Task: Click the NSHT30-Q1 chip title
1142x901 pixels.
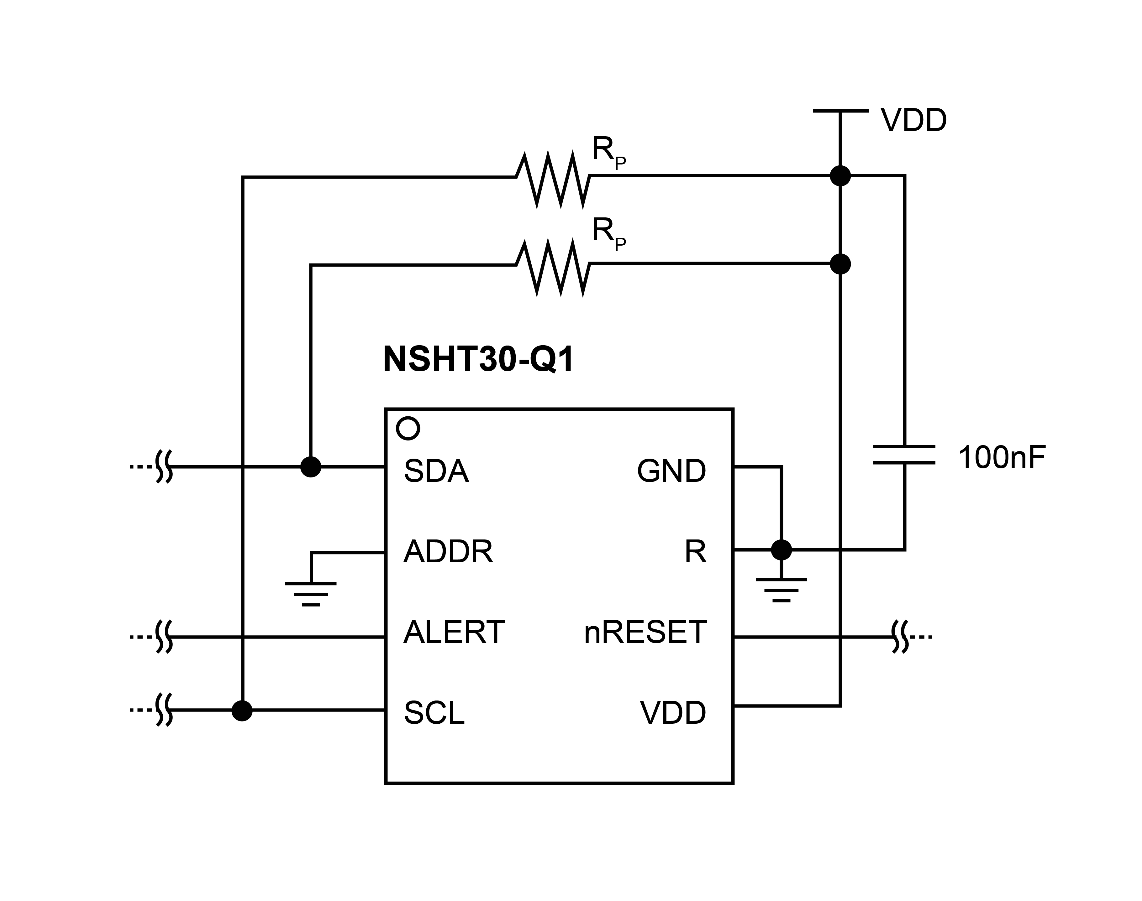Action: coord(478,359)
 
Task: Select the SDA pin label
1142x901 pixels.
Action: coord(436,471)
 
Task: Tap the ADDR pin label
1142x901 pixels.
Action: coord(448,552)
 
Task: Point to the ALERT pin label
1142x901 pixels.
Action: coord(454,632)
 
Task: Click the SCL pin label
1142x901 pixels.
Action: coord(434,713)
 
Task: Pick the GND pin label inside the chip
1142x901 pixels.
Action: coord(671,471)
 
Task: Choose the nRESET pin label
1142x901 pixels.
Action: coord(645,632)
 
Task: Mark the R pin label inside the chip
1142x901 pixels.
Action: coord(695,552)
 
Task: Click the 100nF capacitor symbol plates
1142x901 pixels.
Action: coord(904,455)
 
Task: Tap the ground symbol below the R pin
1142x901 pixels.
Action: coord(781,590)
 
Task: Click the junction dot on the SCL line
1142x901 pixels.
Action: coord(242,711)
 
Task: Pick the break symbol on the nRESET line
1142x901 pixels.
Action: coord(900,637)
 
